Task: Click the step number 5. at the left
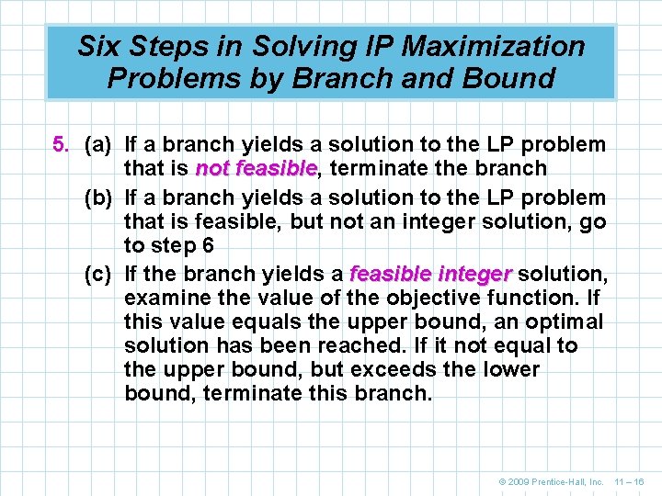pyautogui.click(x=62, y=145)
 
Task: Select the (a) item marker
pyautogui.click(x=97, y=145)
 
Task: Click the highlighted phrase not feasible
pyautogui.click(x=256, y=169)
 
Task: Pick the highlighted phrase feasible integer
pyautogui.click(x=430, y=273)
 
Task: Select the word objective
pyautogui.click(x=400, y=298)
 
